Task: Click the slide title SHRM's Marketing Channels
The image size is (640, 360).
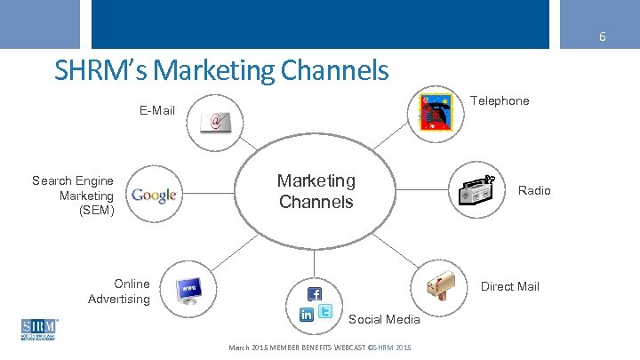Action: (221, 70)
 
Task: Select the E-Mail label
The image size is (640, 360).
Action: (156, 111)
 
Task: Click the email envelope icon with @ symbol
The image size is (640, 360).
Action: (215, 121)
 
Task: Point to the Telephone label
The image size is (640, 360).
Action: (499, 100)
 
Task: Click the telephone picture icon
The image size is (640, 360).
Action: (436, 113)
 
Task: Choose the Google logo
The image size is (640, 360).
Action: (154, 196)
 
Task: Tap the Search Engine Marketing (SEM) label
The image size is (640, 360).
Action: (74, 196)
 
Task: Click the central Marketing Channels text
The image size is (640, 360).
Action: (316, 191)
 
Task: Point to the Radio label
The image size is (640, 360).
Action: (534, 190)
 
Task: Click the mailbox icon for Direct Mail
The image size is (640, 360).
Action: (441, 284)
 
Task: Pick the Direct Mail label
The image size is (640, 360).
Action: (509, 286)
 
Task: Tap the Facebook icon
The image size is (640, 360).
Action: (315, 293)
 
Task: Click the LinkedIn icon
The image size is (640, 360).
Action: (307, 314)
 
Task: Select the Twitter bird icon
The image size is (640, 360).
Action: (326, 311)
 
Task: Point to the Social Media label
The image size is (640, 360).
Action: (384, 318)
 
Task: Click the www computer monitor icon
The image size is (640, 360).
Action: (190, 290)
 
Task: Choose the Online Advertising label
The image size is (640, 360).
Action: (119, 292)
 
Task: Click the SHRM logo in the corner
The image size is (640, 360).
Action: (38, 329)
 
